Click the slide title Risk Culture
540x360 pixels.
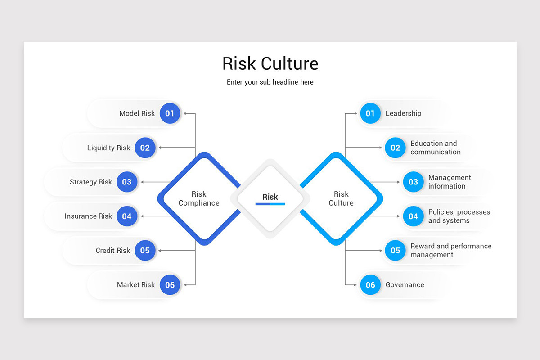tap(270, 63)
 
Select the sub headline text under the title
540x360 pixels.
tap(270, 82)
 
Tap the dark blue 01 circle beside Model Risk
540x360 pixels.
tap(170, 113)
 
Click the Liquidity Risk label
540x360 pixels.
tap(108, 148)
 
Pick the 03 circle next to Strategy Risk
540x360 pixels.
tap(127, 182)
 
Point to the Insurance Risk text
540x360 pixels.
tap(88, 216)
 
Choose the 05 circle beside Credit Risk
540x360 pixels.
tap(145, 250)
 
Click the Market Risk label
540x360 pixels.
tap(136, 284)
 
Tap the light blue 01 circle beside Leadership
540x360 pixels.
tap(370, 113)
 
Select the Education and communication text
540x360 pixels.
tap(435, 148)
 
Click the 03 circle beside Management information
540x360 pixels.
tap(413, 182)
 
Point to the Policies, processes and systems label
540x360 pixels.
tap(459, 216)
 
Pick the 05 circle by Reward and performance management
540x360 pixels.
tap(395, 250)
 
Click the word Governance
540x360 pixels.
tap(405, 284)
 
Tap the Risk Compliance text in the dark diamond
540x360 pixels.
tap(199, 198)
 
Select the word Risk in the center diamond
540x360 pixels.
tap(270, 197)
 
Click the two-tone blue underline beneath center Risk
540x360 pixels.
tap(270, 204)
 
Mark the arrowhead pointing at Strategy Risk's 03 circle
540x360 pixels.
tap(142, 182)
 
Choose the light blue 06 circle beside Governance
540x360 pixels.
tap(370, 284)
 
